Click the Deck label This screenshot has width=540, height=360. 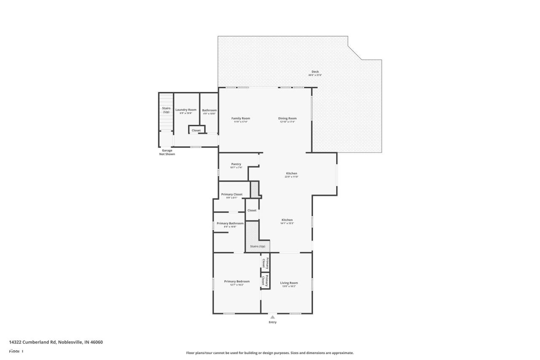[x=315, y=71]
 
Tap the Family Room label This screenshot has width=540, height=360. [x=241, y=118]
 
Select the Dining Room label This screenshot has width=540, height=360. [x=287, y=118]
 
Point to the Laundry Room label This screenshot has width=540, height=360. [x=186, y=110]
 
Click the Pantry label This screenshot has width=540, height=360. [x=236, y=164]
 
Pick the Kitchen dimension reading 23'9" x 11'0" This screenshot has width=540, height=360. [x=292, y=177]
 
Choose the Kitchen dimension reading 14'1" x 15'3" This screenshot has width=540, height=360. [x=287, y=223]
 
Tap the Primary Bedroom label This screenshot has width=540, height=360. [x=237, y=282]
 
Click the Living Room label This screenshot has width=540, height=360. [x=289, y=283]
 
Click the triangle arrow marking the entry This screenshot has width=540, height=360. [x=273, y=317]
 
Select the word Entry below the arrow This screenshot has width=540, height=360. [x=273, y=322]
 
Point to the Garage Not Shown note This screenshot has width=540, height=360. [x=167, y=152]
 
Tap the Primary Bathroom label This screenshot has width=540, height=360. [x=230, y=223]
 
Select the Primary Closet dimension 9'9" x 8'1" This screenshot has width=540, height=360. [x=232, y=198]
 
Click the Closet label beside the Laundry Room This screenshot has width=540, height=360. [x=196, y=130]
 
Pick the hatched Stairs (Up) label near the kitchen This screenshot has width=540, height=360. [x=257, y=246]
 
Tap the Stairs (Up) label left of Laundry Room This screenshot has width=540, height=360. [x=166, y=110]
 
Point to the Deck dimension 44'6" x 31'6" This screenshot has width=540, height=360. [x=315, y=75]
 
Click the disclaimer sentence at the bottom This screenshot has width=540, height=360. [x=270, y=353]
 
